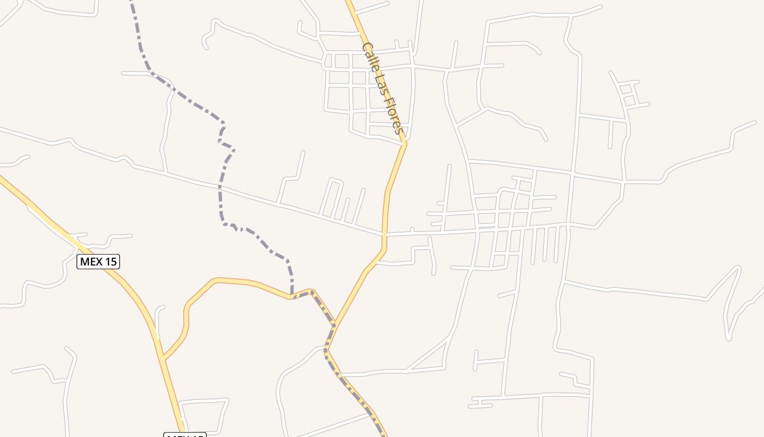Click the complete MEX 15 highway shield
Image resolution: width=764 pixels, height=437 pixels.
(98, 262)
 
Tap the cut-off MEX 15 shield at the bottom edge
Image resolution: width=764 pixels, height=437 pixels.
(185, 434)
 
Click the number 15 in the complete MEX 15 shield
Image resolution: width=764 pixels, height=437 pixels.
(110, 262)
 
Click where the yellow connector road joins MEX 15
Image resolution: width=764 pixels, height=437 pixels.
(164, 359)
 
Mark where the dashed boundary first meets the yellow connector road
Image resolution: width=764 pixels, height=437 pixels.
(292, 298)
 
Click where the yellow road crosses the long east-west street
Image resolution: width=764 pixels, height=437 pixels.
(385, 234)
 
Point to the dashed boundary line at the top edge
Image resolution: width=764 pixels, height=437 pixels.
(132, 2)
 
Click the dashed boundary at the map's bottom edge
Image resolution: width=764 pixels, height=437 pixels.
(384, 435)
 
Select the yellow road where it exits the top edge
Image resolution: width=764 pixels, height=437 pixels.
(348, 2)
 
